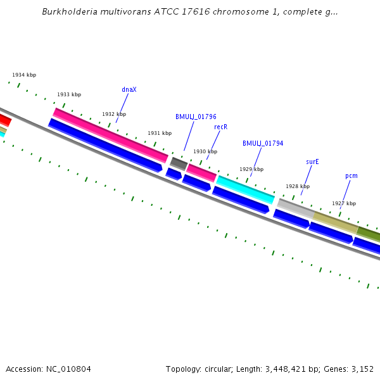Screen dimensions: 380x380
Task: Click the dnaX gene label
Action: click(129, 90)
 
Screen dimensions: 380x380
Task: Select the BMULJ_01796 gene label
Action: click(196, 117)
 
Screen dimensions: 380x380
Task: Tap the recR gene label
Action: click(220, 127)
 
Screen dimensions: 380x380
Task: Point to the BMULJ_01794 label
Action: click(263, 144)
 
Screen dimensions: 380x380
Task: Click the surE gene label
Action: click(312, 162)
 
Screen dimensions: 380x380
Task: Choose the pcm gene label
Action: click(351, 176)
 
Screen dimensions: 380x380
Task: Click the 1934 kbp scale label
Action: click(24, 75)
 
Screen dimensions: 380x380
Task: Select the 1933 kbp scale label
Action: click(69, 95)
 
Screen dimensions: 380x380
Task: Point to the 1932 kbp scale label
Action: click(114, 115)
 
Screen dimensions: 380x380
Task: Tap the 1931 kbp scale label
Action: click(160, 134)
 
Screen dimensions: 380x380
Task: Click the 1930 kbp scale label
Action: click(205, 152)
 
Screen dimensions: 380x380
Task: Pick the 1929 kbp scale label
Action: click(251, 170)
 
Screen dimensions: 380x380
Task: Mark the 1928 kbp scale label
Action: click(298, 187)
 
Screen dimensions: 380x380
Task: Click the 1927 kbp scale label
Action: click(344, 204)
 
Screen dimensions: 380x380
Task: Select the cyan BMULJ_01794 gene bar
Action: click(246, 189)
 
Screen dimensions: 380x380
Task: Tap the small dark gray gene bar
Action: click(179, 164)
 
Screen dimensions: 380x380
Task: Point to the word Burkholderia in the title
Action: click(70, 12)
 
